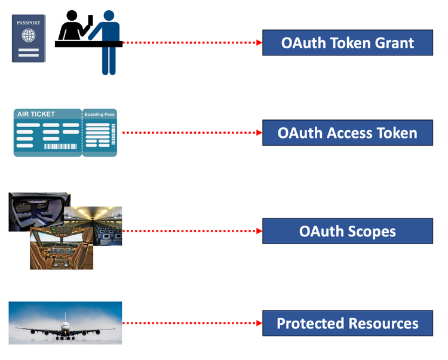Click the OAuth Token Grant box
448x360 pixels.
[347, 42]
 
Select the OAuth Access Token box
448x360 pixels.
[347, 132]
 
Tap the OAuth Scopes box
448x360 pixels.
[347, 230]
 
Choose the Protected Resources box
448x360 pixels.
[347, 324]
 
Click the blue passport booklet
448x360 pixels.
[29, 39]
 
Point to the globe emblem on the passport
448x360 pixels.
[29, 35]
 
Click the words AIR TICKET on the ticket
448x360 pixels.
[36, 114]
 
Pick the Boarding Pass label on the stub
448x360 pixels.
[99, 114]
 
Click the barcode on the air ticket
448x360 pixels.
[61, 146]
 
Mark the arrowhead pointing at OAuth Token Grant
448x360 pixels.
[259, 42]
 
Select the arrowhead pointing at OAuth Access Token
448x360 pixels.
[259, 132]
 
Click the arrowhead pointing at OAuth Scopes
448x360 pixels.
[259, 230]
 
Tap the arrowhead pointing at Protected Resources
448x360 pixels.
[259, 324]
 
